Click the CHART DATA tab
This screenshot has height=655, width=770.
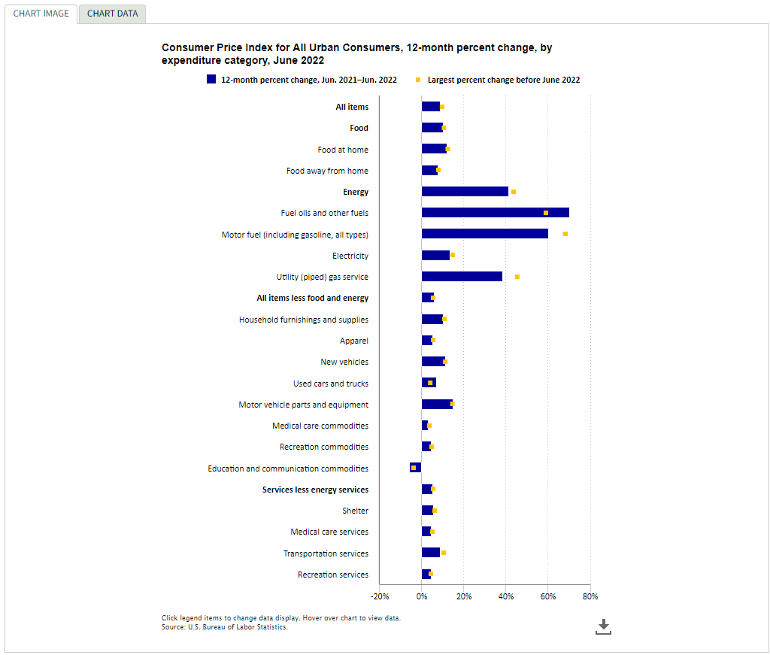113,14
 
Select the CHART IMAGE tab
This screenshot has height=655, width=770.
41,14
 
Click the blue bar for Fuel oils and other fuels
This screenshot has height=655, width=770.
495,213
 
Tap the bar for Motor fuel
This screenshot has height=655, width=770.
485,234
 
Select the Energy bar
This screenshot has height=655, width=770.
465,192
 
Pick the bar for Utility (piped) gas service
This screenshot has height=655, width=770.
462,277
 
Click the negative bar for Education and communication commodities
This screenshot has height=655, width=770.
415,468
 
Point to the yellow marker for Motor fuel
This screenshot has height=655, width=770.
565,234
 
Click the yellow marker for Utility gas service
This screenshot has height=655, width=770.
517,277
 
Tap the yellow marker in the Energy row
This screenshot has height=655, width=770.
514,192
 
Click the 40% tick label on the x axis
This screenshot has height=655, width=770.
506,596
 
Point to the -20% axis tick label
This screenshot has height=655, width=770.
380,596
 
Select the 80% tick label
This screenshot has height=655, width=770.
590,596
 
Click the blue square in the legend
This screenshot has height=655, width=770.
211,79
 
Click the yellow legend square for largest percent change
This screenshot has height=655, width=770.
418,80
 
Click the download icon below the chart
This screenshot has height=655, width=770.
604,626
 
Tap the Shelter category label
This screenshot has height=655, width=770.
355,511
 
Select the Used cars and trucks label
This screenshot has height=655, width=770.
331,384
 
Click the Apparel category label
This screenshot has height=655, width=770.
353,341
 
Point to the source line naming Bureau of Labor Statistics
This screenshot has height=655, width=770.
224,627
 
